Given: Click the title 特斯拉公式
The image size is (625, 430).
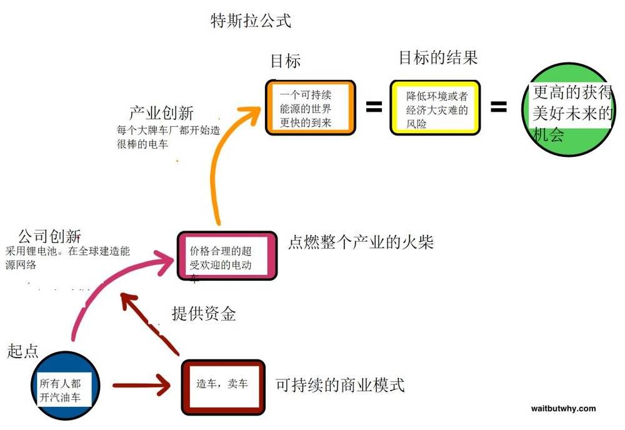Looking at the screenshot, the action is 251,21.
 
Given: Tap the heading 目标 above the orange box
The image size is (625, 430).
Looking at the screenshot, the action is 286,61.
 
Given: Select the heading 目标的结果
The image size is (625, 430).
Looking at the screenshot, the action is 438,57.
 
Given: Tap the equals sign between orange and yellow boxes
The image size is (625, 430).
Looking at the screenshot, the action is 374,106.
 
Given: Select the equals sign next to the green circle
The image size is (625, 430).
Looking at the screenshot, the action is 498,106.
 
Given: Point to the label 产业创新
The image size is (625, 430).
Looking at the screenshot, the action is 161,113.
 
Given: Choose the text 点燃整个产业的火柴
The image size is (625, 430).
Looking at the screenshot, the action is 361,242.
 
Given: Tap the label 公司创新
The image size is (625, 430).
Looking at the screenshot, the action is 50,236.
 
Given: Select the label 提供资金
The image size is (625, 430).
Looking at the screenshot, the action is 204,314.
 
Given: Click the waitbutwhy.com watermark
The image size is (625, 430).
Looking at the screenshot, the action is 563,409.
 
